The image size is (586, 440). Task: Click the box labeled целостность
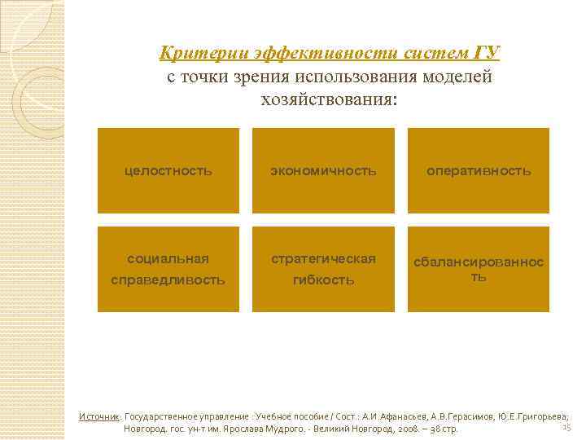(168, 171)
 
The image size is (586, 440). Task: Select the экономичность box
(324, 171)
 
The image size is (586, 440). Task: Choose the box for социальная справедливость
(168, 269)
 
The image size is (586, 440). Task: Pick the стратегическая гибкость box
(324, 269)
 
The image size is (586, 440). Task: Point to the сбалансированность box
(479, 269)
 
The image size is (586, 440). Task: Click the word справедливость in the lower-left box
(168, 280)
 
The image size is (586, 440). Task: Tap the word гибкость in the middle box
(324, 280)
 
